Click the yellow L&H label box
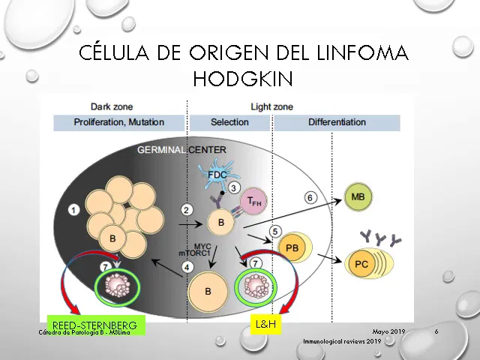click(265, 325)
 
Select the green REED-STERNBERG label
click(94, 325)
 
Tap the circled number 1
click(73, 210)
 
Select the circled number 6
click(310, 197)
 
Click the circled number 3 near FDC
click(234, 187)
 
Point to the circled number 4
click(188, 265)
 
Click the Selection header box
click(229, 122)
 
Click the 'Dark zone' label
click(111, 106)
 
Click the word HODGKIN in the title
click(242, 77)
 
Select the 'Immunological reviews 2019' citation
click(342, 341)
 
